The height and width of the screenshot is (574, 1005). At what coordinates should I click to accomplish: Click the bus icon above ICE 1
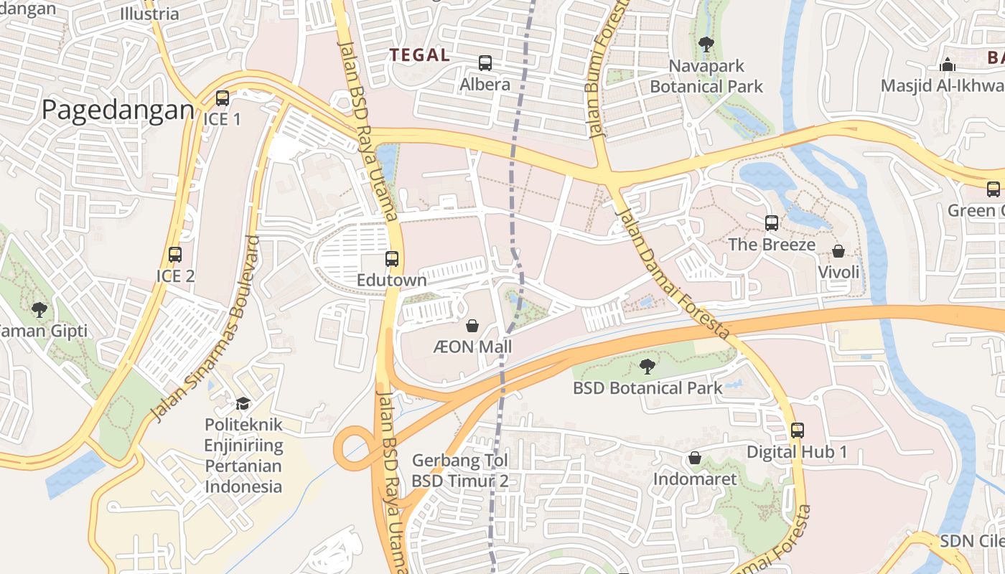[223, 98]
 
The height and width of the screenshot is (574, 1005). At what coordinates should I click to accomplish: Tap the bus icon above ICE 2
[174, 255]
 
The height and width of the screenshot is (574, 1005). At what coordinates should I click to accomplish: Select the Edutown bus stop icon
[392, 259]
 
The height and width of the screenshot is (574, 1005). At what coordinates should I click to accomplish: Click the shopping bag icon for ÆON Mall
[473, 326]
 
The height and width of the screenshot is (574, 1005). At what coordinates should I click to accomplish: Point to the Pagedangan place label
[118, 110]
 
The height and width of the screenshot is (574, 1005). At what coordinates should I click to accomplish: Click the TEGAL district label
[420, 55]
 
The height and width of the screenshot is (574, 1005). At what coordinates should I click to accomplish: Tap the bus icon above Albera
[485, 63]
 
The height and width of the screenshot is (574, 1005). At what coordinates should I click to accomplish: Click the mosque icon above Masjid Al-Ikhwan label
[948, 65]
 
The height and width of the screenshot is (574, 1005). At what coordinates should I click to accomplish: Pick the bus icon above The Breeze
[772, 223]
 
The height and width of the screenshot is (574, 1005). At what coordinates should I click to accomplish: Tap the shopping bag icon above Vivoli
[838, 251]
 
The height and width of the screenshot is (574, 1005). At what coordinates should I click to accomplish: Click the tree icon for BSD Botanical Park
[648, 367]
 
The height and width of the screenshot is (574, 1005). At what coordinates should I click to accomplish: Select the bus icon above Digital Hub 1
[798, 430]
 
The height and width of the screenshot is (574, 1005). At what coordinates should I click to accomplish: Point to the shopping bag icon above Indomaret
[695, 458]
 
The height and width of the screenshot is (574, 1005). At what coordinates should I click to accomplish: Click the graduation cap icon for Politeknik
[243, 403]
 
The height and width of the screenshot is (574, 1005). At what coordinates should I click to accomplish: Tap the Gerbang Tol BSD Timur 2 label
[460, 471]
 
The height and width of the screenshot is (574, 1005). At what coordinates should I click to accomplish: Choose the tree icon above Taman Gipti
[39, 310]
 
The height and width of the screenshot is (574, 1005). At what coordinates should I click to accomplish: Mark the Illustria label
[149, 14]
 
